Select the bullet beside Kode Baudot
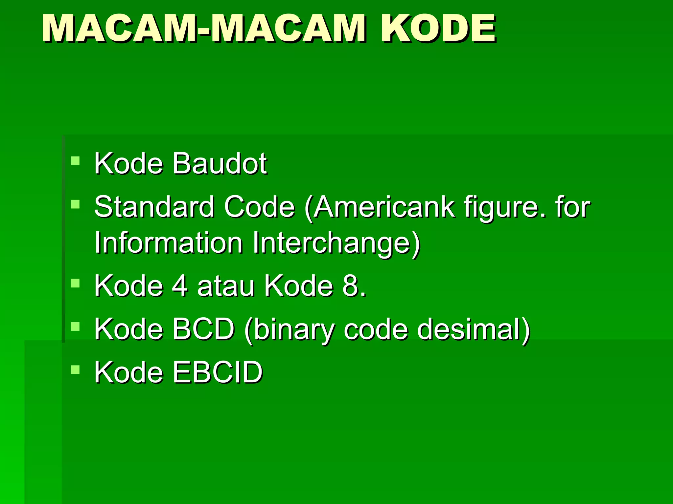(75, 161)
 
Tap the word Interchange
(336, 244)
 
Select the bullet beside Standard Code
(75, 204)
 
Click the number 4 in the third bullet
(180, 286)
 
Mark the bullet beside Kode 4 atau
(75, 283)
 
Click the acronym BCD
(204, 329)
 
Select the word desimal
(473, 329)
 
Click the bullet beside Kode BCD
(75, 326)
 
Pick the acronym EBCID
(218, 372)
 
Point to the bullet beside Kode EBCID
(75, 370)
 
